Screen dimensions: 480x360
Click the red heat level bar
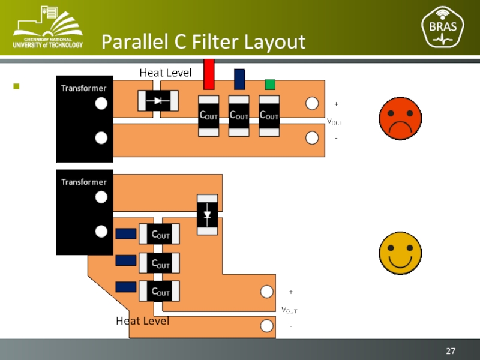point(209,74)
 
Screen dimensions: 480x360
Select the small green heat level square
point(270,85)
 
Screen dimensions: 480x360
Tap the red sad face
point(400,118)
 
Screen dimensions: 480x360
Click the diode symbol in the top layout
point(158,101)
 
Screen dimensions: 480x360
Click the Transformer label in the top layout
point(84,88)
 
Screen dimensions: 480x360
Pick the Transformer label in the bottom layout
point(84,182)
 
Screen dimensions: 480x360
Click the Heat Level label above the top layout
point(166,73)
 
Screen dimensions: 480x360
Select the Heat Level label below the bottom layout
point(142,322)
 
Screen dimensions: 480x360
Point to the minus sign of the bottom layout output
point(291,326)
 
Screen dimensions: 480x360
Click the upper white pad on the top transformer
point(101,104)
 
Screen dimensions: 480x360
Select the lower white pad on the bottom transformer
point(101,231)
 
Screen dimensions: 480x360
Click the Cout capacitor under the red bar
point(209,115)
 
